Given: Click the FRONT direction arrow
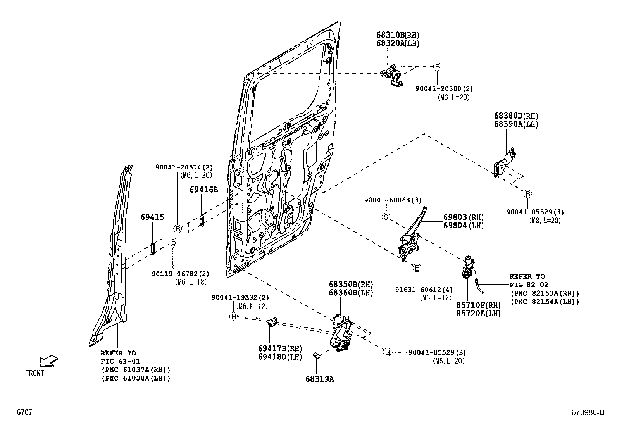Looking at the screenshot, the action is tap(48, 362).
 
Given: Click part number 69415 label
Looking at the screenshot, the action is tap(152, 217).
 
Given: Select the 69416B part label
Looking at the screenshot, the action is tap(204, 190).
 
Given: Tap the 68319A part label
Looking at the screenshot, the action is tap(319, 379).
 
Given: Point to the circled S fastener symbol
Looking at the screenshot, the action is tap(386, 217).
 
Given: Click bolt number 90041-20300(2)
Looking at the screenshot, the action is tap(444, 89).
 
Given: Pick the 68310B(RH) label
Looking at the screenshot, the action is tap(398, 35).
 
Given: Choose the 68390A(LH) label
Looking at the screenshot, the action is tap(516, 124).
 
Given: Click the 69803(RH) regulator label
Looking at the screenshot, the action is tap(464, 217).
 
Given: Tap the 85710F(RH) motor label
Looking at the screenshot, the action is tap(479, 305).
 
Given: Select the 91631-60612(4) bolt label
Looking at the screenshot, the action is tap(424, 290).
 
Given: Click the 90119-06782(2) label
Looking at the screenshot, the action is tap(181, 274).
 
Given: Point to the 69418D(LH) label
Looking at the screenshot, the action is tap(280, 357).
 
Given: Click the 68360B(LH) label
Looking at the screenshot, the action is tap(351, 293).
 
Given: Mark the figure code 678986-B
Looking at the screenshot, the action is tap(588, 412).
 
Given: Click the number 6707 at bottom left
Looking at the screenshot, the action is tap(24, 412).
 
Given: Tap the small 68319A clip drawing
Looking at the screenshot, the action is tap(316, 355).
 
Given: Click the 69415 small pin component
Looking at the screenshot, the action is tap(153, 248).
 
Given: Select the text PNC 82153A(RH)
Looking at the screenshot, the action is tap(545, 293).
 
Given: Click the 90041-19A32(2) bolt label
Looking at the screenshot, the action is tap(240, 298).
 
